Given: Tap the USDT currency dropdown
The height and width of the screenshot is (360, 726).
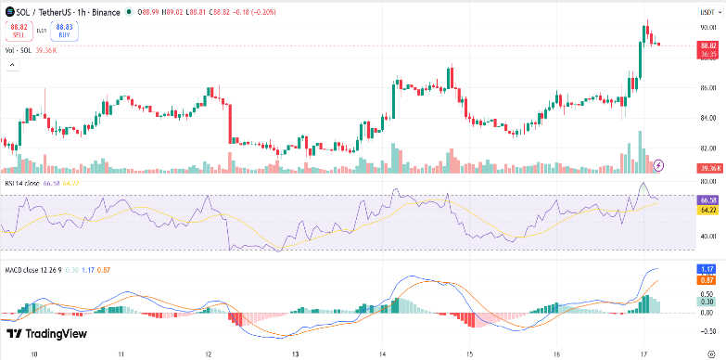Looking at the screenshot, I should [x=707, y=10].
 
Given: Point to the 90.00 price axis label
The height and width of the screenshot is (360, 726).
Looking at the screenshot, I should [x=708, y=29].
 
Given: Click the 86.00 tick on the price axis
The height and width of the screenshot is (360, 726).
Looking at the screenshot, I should [x=708, y=88].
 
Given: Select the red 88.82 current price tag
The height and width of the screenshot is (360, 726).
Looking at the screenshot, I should [x=708, y=45].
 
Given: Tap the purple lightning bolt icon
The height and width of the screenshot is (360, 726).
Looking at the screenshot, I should [x=659, y=165].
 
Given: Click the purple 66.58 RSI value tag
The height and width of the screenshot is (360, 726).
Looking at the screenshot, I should [x=708, y=200].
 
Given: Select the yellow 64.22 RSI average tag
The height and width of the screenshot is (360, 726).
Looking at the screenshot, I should [x=708, y=210].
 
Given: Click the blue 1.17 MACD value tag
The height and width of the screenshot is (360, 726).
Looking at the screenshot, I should [x=708, y=269].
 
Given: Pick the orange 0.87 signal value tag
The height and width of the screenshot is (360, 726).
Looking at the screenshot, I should [x=708, y=279].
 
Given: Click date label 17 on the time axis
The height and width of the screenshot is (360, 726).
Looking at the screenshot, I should [x=643, y=354].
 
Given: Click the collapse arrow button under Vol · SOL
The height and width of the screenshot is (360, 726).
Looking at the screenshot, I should [x=11, y=65].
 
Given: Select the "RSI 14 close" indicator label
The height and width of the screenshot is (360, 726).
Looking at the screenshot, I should [x=23, y=185].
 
